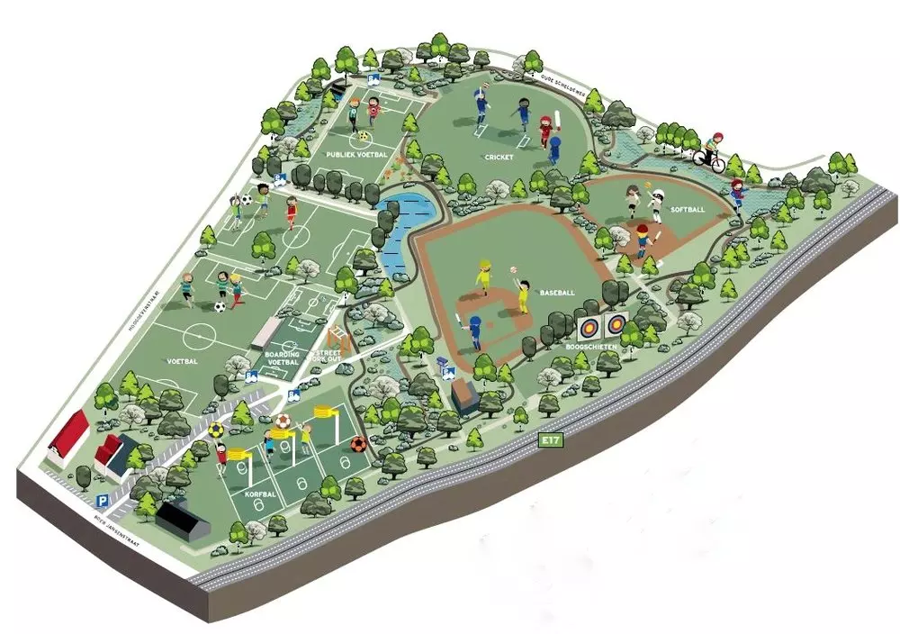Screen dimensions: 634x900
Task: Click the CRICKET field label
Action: point(499,157)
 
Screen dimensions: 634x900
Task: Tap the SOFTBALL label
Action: point(688,209)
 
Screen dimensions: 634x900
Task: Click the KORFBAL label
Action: point(259,494)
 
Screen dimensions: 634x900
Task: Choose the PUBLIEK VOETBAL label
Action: point(357,155)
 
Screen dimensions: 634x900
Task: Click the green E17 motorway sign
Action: point(549,440)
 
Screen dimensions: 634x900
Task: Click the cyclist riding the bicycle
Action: point(712,153)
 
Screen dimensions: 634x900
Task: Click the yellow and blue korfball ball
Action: point(217,430)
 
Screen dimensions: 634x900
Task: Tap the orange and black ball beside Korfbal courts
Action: point(358,444)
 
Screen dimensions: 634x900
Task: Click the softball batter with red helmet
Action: point(643,240)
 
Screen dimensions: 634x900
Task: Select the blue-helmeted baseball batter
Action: point(474,329)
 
